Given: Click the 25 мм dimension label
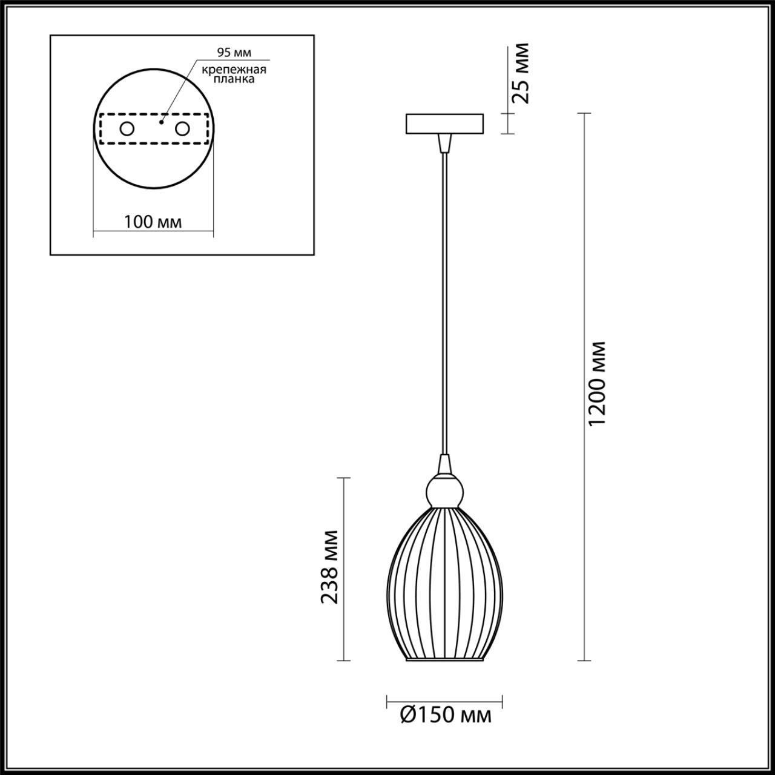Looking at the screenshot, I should [520, 73].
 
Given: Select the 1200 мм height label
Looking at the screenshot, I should [598, 383].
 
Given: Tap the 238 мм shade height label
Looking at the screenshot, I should [329, 567].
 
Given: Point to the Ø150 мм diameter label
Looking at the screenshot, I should [446, 716].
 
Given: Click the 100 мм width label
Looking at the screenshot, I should [153, 222].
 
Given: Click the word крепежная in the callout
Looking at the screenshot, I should [234, 69].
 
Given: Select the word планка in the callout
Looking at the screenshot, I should [234, 79].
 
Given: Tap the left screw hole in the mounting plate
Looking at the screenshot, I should [127, 129].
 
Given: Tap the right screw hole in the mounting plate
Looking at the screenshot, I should [182, 129].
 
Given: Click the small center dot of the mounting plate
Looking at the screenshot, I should [160, 122].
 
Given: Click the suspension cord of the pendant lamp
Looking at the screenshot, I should [445, 303].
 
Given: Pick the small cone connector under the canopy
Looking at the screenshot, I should [445, 143].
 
